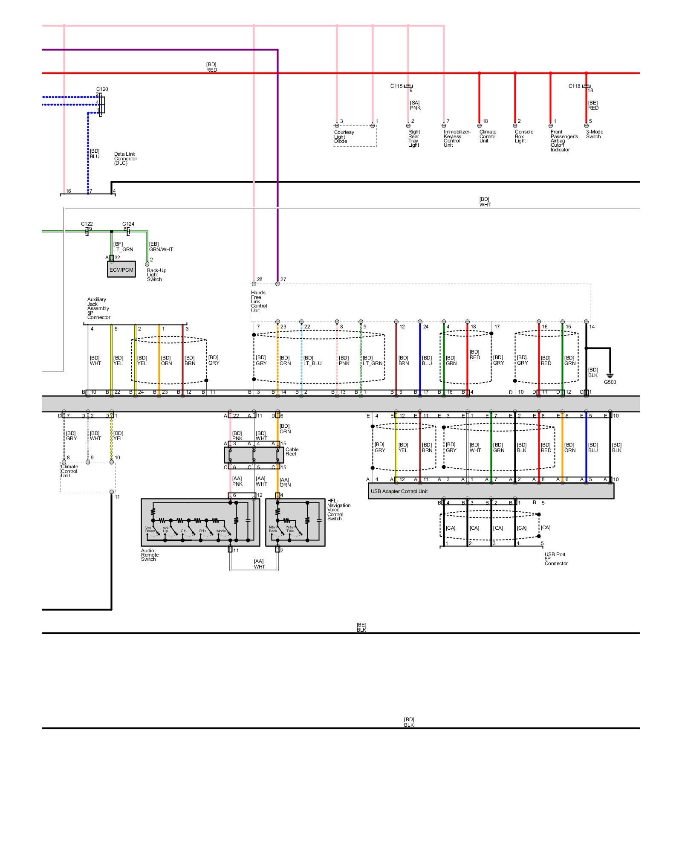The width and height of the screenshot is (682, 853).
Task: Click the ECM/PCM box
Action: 121,270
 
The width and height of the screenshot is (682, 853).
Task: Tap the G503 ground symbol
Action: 610,377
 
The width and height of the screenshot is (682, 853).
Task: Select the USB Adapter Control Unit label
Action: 399,491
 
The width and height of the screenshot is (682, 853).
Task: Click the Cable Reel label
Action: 292,452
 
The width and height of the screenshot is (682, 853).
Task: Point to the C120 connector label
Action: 102,89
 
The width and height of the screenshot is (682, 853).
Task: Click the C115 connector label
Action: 396,86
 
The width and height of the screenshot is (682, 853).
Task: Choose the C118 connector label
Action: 574,86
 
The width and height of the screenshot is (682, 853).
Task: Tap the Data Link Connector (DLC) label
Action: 125,159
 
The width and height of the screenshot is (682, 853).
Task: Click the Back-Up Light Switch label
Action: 156,275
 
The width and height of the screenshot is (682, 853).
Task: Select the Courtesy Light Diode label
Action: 344,136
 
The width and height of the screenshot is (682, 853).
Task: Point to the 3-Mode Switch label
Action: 594,134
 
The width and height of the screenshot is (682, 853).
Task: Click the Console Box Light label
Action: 524,136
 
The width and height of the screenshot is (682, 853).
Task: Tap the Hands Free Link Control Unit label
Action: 258,302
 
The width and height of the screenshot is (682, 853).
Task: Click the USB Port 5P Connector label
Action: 556,559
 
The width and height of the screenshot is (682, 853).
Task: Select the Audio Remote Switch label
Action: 150,555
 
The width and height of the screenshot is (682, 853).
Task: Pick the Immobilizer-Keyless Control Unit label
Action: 457,139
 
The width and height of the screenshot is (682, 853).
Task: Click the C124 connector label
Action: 128,224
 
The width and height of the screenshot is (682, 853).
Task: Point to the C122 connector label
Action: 87,224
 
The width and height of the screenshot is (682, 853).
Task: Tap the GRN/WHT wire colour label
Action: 161,250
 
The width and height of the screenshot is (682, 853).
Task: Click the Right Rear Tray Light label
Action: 413,139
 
